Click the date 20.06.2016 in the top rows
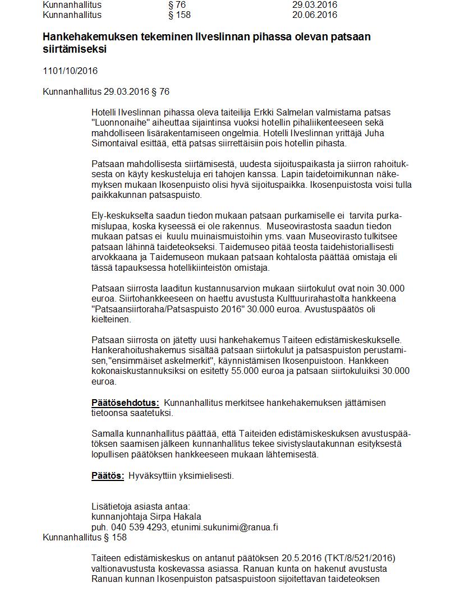[x=314, y=15]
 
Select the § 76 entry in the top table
[x=177, y=4]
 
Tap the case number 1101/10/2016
[x=70, y=71]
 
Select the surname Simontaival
[x=117, y=143]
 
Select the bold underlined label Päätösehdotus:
[x=125, y=403]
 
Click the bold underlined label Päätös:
[x=108, y=475]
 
